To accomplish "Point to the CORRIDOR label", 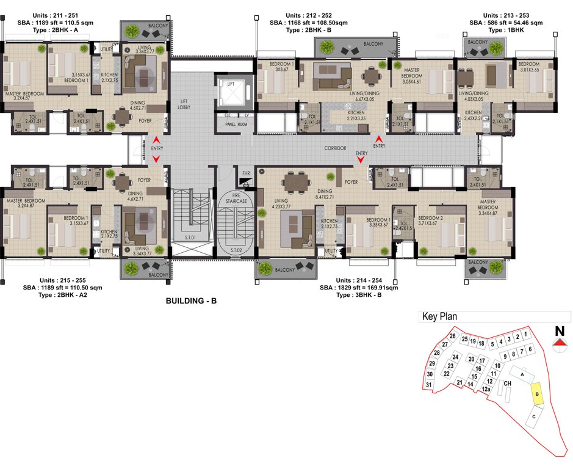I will click(335, 148).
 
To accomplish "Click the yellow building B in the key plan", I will click(536, 394).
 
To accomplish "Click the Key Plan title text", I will click(439, 317).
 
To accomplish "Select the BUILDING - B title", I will click(192, 302).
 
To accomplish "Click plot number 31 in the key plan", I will click(429, 385).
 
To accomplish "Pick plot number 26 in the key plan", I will click(452, 336).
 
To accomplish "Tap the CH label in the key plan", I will click(506, 383).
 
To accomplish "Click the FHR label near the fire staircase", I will click(246, 174).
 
